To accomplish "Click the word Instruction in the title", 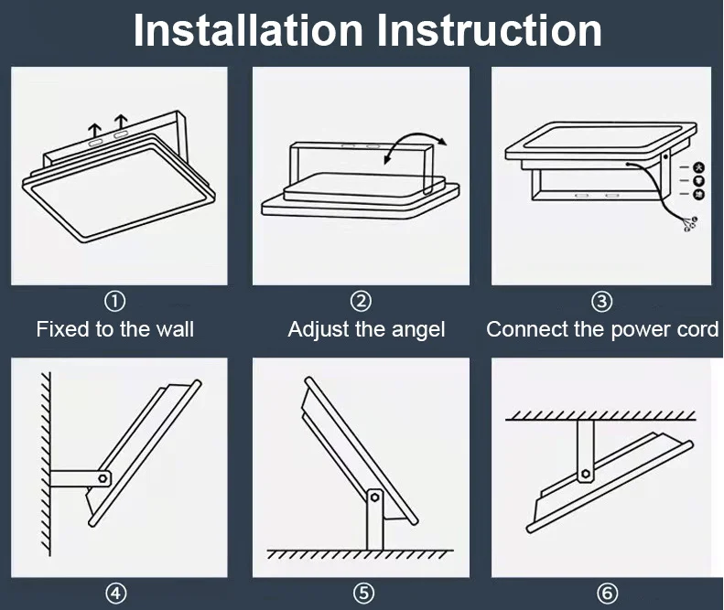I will click(490, 30).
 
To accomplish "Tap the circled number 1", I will click(115, 301).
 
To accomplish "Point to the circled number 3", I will click(601, 301).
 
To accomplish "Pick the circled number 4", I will click(115, 594).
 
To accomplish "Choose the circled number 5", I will click(364, 594).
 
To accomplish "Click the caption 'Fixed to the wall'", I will click(115, 329).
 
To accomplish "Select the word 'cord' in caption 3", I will click(698, 329).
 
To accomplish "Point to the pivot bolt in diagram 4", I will click(104, 477).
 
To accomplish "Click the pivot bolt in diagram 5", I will click(373, 498).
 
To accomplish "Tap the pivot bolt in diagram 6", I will click(585, 473).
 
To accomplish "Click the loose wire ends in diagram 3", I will click(688, 222).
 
